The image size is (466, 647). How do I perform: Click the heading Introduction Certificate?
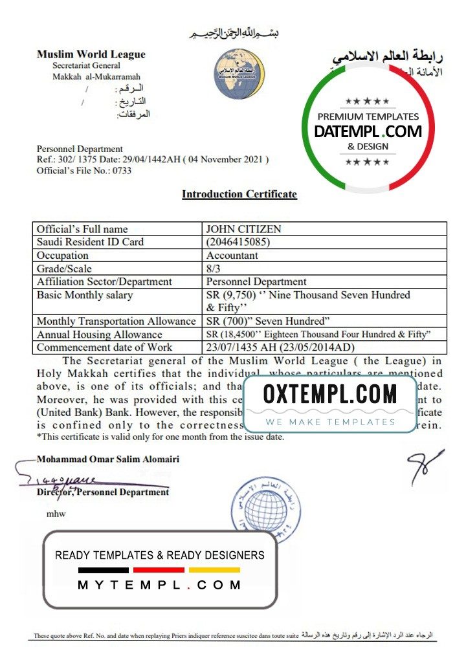pos(239,194)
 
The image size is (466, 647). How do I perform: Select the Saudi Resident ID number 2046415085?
pos(238,242)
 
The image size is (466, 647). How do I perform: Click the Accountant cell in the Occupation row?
pos(232,256)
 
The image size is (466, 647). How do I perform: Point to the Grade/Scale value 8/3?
pos(214,269)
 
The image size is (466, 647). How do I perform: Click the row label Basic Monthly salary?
pos(85,295)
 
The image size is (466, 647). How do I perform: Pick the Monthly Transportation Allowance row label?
pos(116,321)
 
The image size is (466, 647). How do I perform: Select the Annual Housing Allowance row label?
pos(100,334)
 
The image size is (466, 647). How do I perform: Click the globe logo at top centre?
pos(239,74)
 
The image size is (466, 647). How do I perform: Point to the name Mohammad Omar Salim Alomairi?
pos(108,459)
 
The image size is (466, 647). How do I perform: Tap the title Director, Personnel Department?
pos(103,492)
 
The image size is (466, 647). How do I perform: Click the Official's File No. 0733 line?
pos(84,171)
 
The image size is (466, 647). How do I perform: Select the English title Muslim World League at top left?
pos(91,54)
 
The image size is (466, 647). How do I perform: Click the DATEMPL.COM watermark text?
pos(368,132)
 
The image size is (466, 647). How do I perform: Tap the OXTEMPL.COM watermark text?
pos(330,394)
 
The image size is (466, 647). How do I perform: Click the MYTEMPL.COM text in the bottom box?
pos(159,585)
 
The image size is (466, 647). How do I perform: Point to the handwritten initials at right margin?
pos(425,466)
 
